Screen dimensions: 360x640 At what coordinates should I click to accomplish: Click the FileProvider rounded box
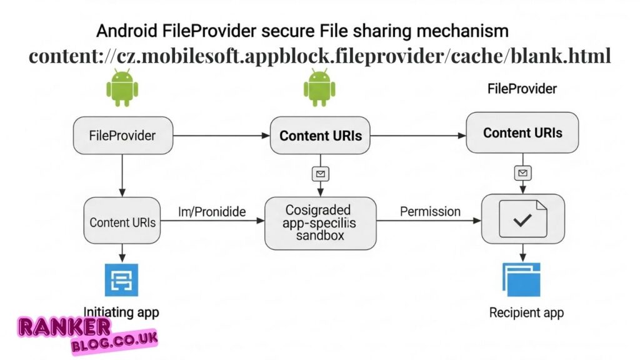123,135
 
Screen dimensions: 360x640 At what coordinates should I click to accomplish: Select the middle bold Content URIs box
321,135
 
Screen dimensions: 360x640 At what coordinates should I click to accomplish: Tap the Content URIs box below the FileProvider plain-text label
522,132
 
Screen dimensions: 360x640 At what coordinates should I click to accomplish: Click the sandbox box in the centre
321,223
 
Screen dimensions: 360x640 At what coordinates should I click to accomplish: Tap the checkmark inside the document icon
522,219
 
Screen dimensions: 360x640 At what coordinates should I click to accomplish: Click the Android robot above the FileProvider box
121,87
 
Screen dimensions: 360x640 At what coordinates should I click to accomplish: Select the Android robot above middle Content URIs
319,87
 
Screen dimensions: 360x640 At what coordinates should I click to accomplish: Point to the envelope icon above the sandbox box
321,174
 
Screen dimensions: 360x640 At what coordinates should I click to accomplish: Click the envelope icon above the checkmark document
522,172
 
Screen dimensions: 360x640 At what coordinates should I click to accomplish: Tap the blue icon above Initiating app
121,280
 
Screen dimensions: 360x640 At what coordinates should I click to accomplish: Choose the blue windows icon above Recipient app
521,279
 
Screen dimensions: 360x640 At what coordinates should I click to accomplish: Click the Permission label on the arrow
430,211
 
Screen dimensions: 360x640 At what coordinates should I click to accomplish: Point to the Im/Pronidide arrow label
212,212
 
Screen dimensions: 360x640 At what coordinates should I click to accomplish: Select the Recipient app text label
522,312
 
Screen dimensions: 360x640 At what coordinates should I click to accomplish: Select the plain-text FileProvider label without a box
522,89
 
